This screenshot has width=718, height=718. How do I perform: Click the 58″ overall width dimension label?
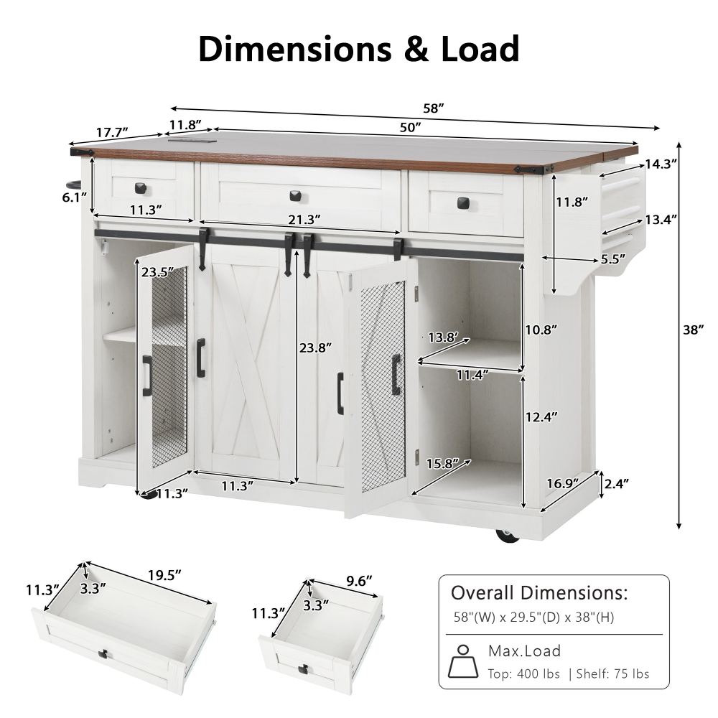434,109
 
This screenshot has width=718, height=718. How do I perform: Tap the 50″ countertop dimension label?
410,127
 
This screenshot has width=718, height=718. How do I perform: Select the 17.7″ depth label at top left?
112,132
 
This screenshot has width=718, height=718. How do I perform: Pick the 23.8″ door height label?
317,348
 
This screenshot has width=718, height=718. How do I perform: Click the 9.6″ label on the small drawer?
361,582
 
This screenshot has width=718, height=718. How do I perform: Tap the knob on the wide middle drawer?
295,195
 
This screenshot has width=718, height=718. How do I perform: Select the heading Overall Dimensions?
538,593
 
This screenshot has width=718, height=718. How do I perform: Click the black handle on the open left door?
147,375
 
